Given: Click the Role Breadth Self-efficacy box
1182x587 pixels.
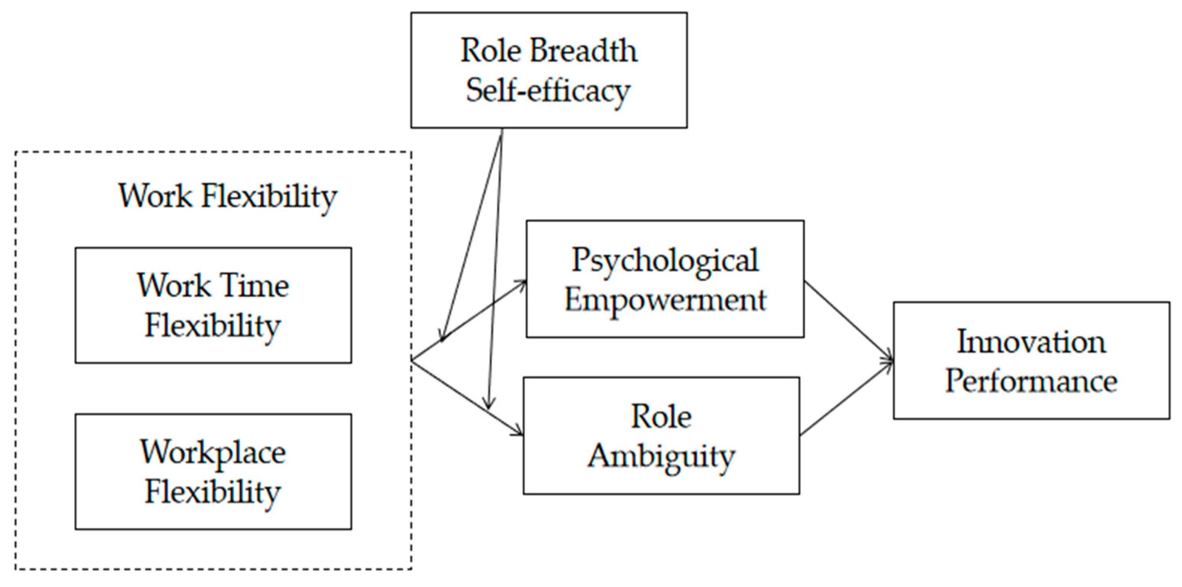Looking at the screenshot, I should pyautogui.click(x=549, y=70).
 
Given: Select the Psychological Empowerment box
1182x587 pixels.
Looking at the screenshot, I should pyautogui.click(x=665, y=279).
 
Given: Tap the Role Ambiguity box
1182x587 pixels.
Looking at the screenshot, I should pyautogui.click(x=661, y=435).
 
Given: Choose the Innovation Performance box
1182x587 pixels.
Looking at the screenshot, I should pyautogui.click(x=1031, y=360).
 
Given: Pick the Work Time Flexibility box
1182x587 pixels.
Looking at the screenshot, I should pyautogui.click(x=213, y=305).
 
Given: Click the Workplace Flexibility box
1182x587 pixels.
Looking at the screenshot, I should pyautogui.click(x=213, y=472).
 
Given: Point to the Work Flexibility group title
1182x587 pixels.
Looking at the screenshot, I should pyautogui.click(x=228, y=196).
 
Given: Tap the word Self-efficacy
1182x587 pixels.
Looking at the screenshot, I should pyautogui.click(x=548, y=91).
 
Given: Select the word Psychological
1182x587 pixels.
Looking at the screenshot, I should pyautogui.click(x=665, y=260).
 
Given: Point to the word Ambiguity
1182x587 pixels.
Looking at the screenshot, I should pyautogui.click(x=661, y=456).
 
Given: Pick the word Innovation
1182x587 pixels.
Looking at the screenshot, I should pyautogui.click(x=1031, y=342).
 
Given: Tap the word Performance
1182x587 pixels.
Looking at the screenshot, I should pyautogui.click(x=1031, y=381).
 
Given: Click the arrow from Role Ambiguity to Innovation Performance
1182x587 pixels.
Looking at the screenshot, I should pyautogui.click(x=847, y=398).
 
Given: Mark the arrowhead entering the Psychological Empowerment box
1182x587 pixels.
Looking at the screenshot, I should pyautogui.click(x=521, y=283).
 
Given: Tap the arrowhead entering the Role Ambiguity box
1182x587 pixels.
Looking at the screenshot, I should pyautogui.click(x=519, y=432).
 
